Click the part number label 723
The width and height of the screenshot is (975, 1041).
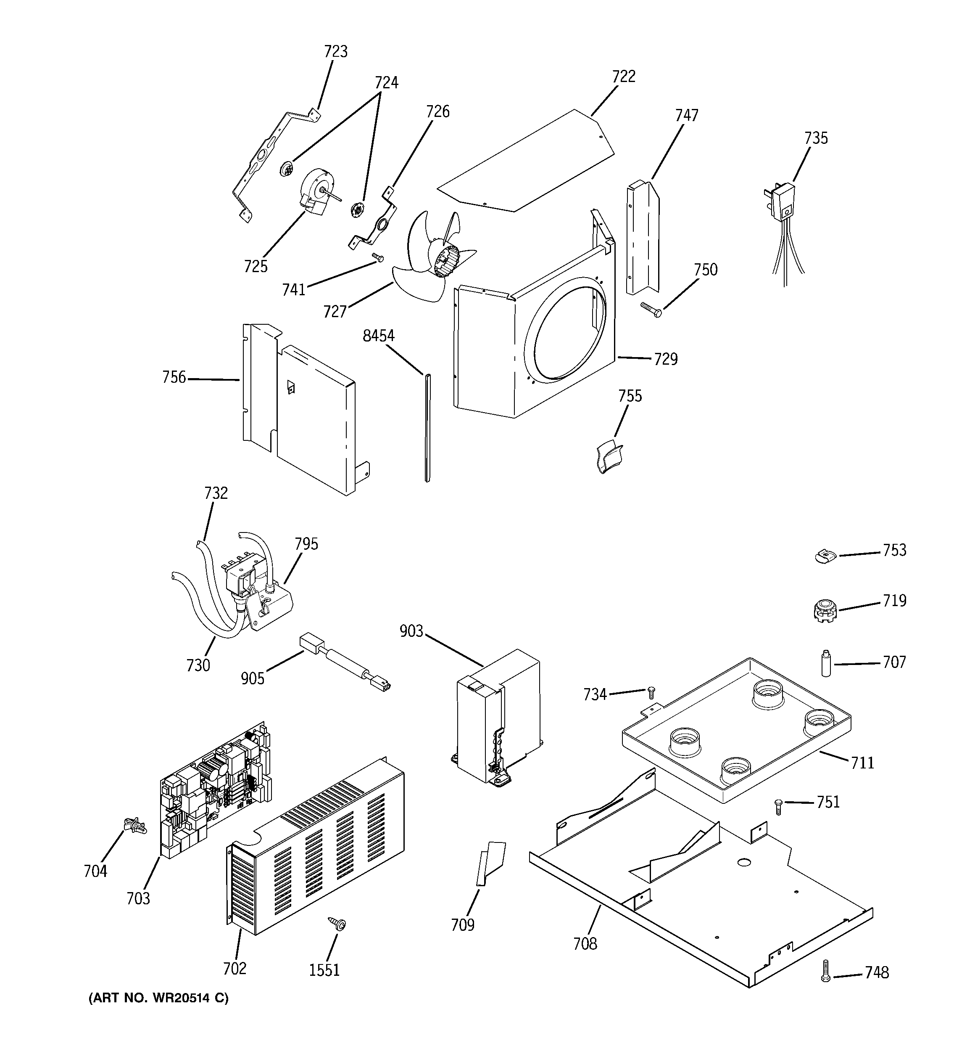click(335, 52)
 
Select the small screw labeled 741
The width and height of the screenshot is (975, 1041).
click(378, 257)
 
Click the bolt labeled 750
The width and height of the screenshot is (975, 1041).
click(651, 310)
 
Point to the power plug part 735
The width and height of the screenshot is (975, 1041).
click(783, 201)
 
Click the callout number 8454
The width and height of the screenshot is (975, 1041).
click(378, 336)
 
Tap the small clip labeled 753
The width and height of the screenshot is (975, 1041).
click(825, 556)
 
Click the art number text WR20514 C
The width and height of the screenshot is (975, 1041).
click(158, 998)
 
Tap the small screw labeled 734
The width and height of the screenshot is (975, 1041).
click(651, 692)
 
